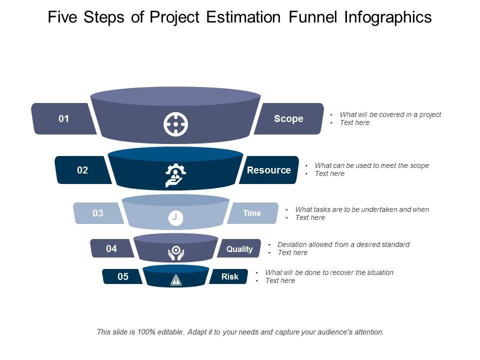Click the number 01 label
click(x=63, y=119)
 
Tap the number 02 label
click(x=82, y=170)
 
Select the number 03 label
click(x=98, y=213)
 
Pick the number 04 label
click(x=111, y=248)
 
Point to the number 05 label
click(x=123, y=276)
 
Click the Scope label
click(x=288, y=119)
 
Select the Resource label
click(x=268, y=170)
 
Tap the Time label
click(x=252, y=213)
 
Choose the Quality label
click(x=239, y=249)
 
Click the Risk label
click(x=230, y=276)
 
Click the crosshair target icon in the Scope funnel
click(x=175, y=124)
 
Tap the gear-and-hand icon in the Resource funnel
click(x=175, y=175)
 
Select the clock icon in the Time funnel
click(x=175, y=218)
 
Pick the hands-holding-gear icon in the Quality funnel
click(x=175, y=252)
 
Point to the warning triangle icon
click(x=175, y=280)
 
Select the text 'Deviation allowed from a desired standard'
click(x=343, y=244)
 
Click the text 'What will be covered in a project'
click(x=390, y=114)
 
